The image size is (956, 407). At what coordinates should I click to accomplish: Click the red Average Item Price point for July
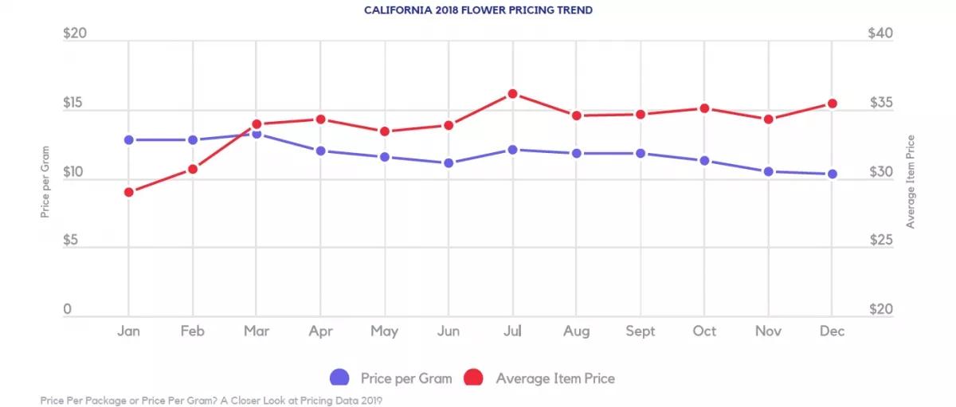[512, 94]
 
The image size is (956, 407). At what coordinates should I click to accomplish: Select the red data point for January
[128, 192]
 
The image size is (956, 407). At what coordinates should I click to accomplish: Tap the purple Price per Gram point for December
[832, 174]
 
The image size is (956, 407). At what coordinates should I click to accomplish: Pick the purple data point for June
[449, 162]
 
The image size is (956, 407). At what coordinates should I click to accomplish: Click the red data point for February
[192, 168]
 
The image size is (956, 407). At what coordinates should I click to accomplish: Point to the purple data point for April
[320, 151]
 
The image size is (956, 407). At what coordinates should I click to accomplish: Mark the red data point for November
[768, 119]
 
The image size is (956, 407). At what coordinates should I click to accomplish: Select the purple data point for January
[128, 139]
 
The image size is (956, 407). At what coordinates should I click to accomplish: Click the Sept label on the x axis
[640, 331]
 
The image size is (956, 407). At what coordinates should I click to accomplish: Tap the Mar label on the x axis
[256, 331]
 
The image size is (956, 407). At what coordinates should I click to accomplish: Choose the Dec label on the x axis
[832, 331]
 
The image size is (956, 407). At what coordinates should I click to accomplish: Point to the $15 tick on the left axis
[75, 104]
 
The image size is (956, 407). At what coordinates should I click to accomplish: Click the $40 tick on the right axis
[880, 34]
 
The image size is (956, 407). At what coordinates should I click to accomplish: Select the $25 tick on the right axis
[880, 241]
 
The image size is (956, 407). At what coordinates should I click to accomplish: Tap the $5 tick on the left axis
[72, 241]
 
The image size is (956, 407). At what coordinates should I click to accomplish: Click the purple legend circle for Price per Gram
[339, 378]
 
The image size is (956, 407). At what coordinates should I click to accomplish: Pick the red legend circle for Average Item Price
[475, 378]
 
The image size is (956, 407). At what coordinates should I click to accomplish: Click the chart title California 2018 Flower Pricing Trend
[478, 10]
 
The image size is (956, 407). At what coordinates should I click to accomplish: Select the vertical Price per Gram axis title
[45, 182]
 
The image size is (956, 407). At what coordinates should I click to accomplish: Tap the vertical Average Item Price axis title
[910, 182]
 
